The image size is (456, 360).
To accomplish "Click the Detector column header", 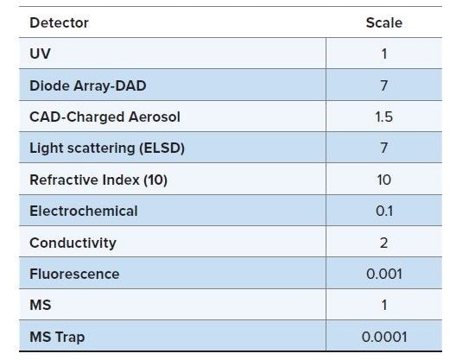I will [x=59, y=22].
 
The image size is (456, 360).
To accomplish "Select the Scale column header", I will [x=383, y=22].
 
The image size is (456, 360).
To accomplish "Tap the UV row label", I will [x=40, y=54].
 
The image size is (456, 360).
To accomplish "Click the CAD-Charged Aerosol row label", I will [x=104, y=117].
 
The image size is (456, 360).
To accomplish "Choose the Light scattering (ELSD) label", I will [x=107, y=148].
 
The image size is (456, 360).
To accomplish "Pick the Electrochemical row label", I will [x=83, y=211].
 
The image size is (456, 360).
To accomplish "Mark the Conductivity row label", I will [x=73, y=243].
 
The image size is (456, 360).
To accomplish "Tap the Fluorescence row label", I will [x=74, y=274].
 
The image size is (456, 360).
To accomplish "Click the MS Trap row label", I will [x=57, y=337].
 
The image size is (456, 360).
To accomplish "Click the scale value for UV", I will [x=383, y=54].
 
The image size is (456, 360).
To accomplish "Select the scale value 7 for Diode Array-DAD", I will [x=383, y=85].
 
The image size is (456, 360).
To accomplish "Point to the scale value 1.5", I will [x=383, y=117].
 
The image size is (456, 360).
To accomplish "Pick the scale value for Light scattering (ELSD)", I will [x=383, y=148].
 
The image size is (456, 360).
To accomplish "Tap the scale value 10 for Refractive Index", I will [x=383, y=180].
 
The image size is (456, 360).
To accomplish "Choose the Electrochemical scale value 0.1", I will [x=383, y=211].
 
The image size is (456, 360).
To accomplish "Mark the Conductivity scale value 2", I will [x=383, y=243].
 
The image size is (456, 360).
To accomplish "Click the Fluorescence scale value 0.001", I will [x=383, y=274].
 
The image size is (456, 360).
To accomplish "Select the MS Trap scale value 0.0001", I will [x=383, y=337].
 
